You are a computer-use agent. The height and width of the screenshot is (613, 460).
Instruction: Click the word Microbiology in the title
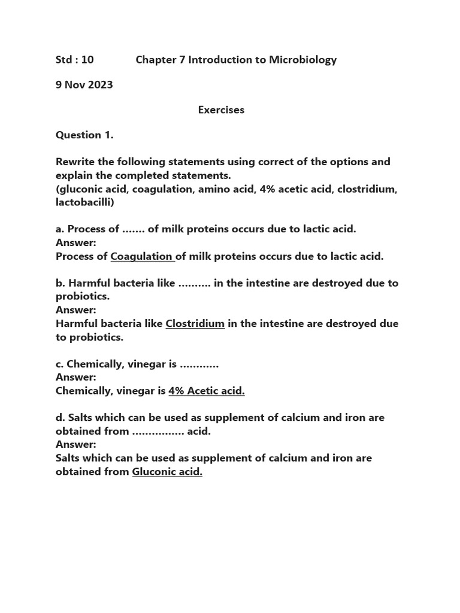(x=302, y=60)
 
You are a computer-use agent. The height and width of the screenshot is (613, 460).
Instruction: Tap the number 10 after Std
(x=87, y=60)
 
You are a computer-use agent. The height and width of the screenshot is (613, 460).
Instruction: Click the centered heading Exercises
(x=221, y=110)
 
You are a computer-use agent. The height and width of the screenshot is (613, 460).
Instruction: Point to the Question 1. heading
(x=84, y=135)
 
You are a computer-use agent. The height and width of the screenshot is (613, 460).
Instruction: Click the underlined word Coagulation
(x=142, y=256)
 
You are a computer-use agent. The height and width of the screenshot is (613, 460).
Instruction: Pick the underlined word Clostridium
(x=195, y=324)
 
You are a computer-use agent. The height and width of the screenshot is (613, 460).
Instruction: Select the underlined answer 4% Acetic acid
(x=207, y=391)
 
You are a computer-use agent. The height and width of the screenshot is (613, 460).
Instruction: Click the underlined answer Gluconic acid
(x=167, y=472)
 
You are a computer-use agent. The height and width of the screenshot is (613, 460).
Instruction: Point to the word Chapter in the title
(x=155, y=60)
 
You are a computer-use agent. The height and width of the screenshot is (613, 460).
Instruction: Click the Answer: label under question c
(x=75, y=377)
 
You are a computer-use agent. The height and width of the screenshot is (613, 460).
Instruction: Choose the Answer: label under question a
(x=75, y=242)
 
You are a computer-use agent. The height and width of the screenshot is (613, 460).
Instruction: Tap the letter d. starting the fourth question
(x=60, y=418)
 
